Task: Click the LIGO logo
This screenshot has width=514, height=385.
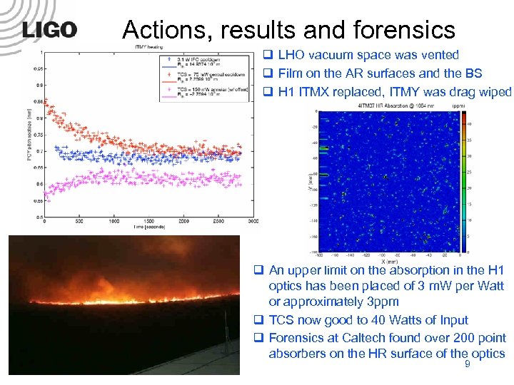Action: (x=49, y=29)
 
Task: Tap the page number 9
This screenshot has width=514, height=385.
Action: (x=467, y=365)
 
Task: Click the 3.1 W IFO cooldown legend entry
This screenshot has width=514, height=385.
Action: (x=192, y=58)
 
